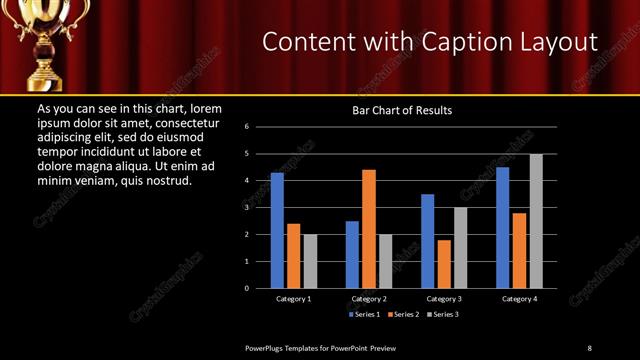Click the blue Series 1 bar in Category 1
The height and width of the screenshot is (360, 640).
click(x=277, y=230)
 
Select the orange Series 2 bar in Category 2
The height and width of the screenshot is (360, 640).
click(x=369, y=228)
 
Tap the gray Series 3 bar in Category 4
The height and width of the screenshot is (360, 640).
click(x=536, y=221)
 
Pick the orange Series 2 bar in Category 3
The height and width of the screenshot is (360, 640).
click(x=444, y=264)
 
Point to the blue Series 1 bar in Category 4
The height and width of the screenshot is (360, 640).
click(x=503, y=227)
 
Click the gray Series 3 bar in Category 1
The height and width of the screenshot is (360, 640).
click(x=310, y=261)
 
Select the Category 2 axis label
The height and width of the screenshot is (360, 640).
click(x=369, y=299)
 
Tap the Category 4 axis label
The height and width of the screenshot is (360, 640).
click(x=519, y=299)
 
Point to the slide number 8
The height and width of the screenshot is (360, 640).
click(x=589, y=347)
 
